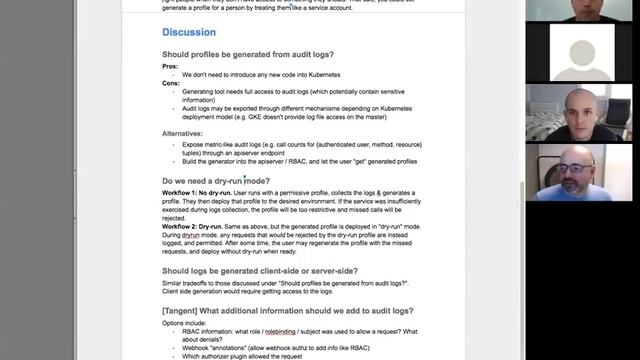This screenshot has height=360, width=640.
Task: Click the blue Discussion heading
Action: [x=189, y=32]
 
